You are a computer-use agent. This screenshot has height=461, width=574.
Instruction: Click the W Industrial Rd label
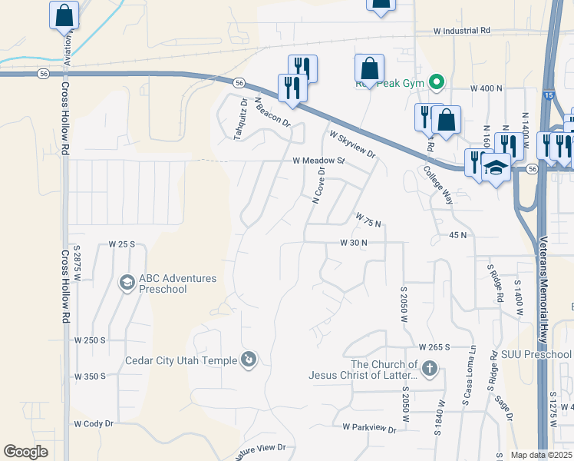click(x=461, y=32)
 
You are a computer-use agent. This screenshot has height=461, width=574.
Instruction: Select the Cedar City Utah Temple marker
click(x=248, y=359)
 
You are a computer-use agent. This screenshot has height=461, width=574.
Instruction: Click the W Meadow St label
click(x=318, y=161)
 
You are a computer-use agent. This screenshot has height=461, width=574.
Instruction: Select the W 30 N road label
click(x=354, y=243)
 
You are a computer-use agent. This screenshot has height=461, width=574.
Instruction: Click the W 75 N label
click(x=368, y=221)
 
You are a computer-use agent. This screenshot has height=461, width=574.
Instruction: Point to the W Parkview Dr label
click(x=369, y=426)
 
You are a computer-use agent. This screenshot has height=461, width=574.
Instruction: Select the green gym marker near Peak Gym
click(x=437, y=81)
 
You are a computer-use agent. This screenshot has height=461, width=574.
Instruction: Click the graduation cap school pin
click(x=496, y=168)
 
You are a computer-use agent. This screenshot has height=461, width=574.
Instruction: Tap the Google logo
click(x=25, y=452)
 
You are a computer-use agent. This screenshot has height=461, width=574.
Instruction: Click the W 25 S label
click(x=121, y=244)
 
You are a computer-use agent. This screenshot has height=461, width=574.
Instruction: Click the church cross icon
click(x=429, y=370)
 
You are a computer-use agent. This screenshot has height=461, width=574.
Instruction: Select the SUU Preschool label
click(x=536, y=354)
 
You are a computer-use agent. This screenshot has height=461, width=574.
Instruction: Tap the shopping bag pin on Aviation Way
click(x=64, y=15)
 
